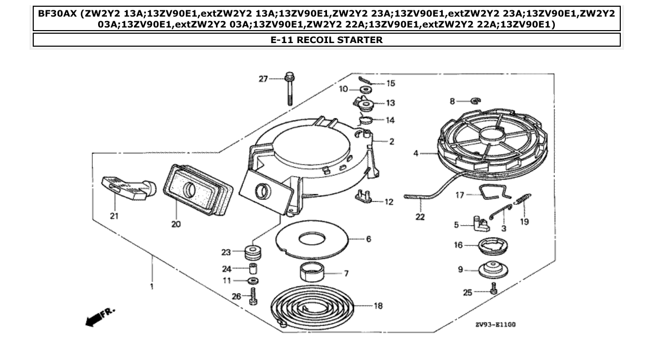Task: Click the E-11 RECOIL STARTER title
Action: point(326,40)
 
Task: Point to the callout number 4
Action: point(416,153)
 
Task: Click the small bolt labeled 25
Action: point(494,289)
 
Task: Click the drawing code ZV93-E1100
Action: point(495,325)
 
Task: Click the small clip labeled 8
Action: point(475,101)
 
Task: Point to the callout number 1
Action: point(152,286)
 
